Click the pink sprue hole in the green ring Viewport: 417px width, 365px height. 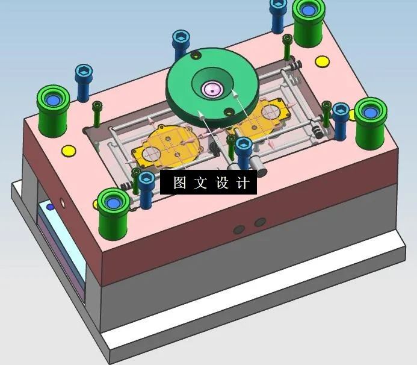click(x=213, y=90)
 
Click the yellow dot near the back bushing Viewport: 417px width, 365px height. click(x=323, y=61)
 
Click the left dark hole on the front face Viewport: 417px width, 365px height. click(x=239, y=229)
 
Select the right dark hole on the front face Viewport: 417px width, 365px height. click(x=260, y=222)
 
